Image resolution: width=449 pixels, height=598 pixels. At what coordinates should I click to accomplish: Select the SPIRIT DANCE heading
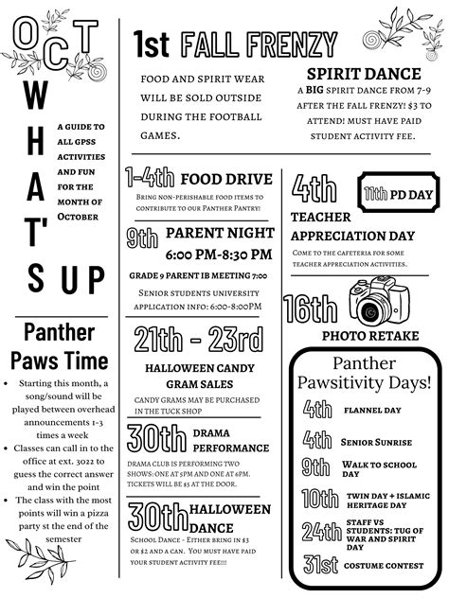pyautogui.click(x=363, y=73)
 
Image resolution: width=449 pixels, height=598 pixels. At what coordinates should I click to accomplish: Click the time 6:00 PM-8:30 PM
pyautogui.click(x=218, y=255)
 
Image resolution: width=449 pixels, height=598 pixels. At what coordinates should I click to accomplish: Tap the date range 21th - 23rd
pyautogui.click(x=198, y=337)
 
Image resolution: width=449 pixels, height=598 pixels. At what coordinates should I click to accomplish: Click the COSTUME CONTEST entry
pyautogui.click(x=385, y=565)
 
